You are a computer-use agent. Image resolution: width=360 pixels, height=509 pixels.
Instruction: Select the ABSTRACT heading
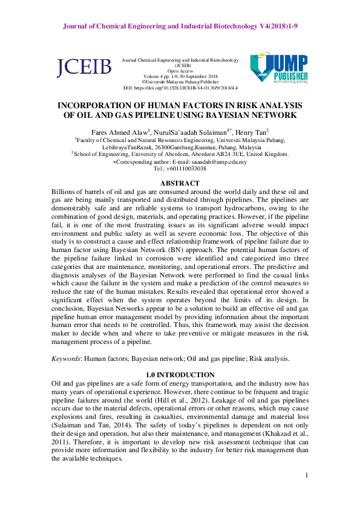point(180,183)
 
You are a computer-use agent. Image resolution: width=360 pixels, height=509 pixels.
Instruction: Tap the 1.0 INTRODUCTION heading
point(180,375)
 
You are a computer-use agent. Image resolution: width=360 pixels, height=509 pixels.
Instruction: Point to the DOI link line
point(180,88)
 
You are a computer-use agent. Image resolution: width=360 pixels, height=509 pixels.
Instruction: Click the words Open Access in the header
point(180,71)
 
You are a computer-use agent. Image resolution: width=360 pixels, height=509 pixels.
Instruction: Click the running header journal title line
point(180,27)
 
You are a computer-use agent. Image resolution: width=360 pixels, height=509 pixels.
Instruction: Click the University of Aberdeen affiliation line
point(180,154)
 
